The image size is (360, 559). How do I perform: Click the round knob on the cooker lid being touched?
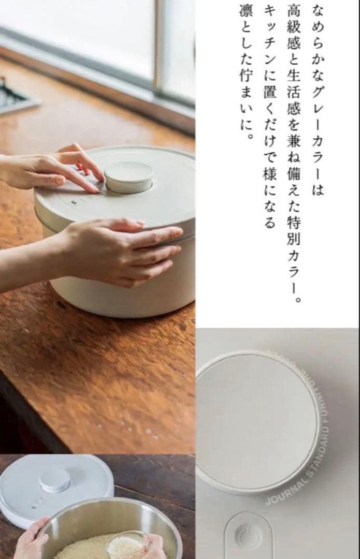coord(129,177)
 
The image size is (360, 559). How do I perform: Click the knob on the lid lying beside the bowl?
coord(55,480)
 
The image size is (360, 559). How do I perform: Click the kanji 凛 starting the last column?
coord(246,11)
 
